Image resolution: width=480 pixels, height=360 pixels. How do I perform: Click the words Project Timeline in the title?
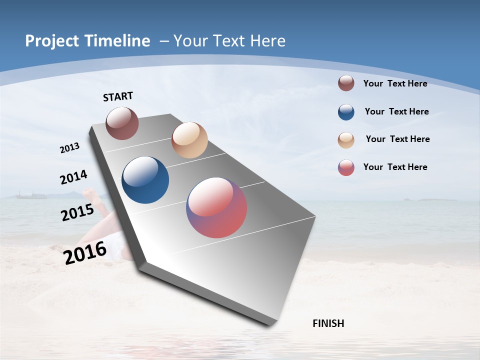click(87, 41)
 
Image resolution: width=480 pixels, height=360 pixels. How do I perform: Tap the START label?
click(118, 96)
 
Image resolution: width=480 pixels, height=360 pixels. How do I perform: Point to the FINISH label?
click(328, 323)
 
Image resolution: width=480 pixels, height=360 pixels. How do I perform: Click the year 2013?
click(70, 148)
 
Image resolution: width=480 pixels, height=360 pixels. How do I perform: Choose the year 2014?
click(73, 177)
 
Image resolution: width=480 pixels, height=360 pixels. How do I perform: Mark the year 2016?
click(85, 253)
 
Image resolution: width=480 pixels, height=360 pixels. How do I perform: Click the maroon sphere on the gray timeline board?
click(122, 123)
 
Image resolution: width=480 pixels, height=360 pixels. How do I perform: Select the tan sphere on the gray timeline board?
click(189, 140)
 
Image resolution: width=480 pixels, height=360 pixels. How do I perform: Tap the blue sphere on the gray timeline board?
click(145, 180)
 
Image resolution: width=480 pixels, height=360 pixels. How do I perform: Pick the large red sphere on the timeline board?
click(216, 207)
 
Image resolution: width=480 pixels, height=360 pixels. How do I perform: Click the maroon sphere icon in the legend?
click(346, 83)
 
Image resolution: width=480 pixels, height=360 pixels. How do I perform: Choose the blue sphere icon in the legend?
click(346, 112)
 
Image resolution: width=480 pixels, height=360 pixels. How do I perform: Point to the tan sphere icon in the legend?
click(346, 140)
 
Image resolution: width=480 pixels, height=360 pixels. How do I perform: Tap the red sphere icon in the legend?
click(346, 167)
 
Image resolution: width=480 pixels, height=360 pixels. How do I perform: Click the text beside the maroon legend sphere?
click(395, 83)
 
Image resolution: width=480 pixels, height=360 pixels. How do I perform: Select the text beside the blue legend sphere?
click(396, 111)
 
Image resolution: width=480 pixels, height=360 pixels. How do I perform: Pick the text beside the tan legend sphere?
click(397, 139)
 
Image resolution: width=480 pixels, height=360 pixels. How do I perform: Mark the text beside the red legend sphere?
click(395, 167)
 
